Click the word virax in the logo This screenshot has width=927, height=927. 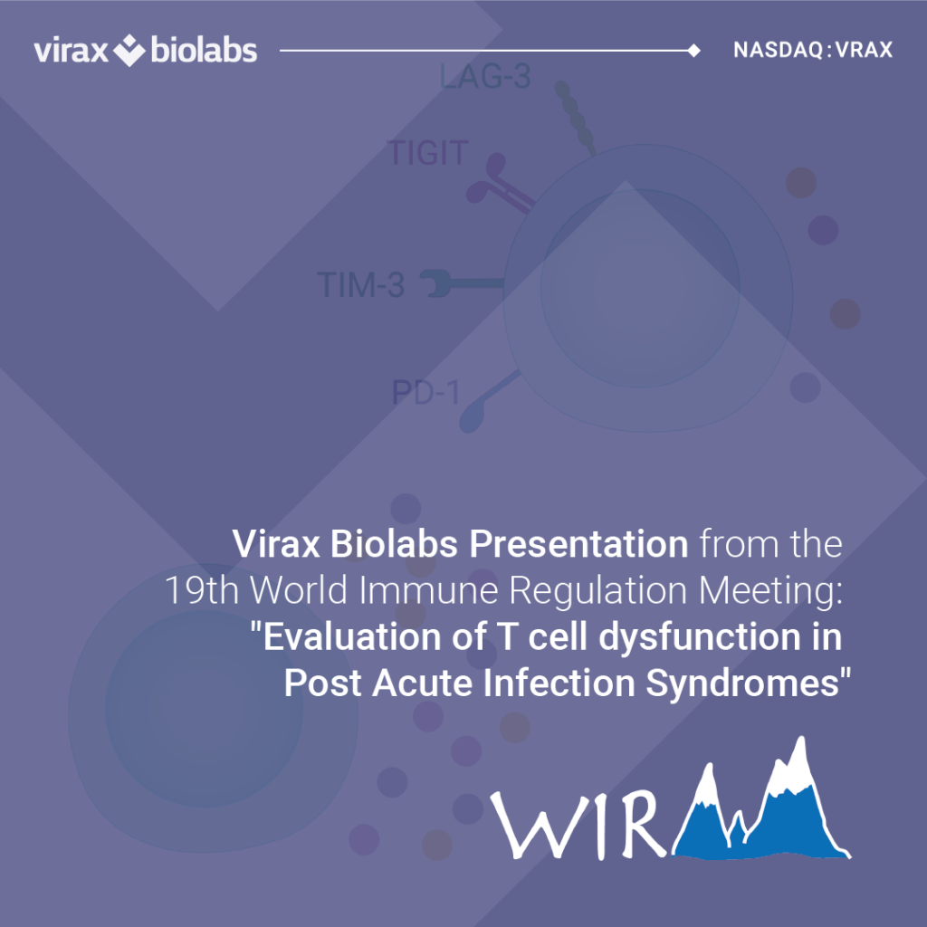71,51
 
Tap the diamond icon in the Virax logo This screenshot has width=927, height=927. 129,50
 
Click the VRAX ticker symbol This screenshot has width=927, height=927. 864,51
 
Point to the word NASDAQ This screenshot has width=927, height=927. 779,51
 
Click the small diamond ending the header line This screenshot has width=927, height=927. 694,51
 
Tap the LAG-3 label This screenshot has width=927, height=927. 485,77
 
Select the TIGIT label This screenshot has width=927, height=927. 428,152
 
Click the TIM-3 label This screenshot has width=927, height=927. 360,285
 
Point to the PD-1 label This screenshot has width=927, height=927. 425,393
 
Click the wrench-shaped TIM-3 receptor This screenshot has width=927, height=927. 461,283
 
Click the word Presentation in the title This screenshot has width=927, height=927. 578,543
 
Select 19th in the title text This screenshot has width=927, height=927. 202,589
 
